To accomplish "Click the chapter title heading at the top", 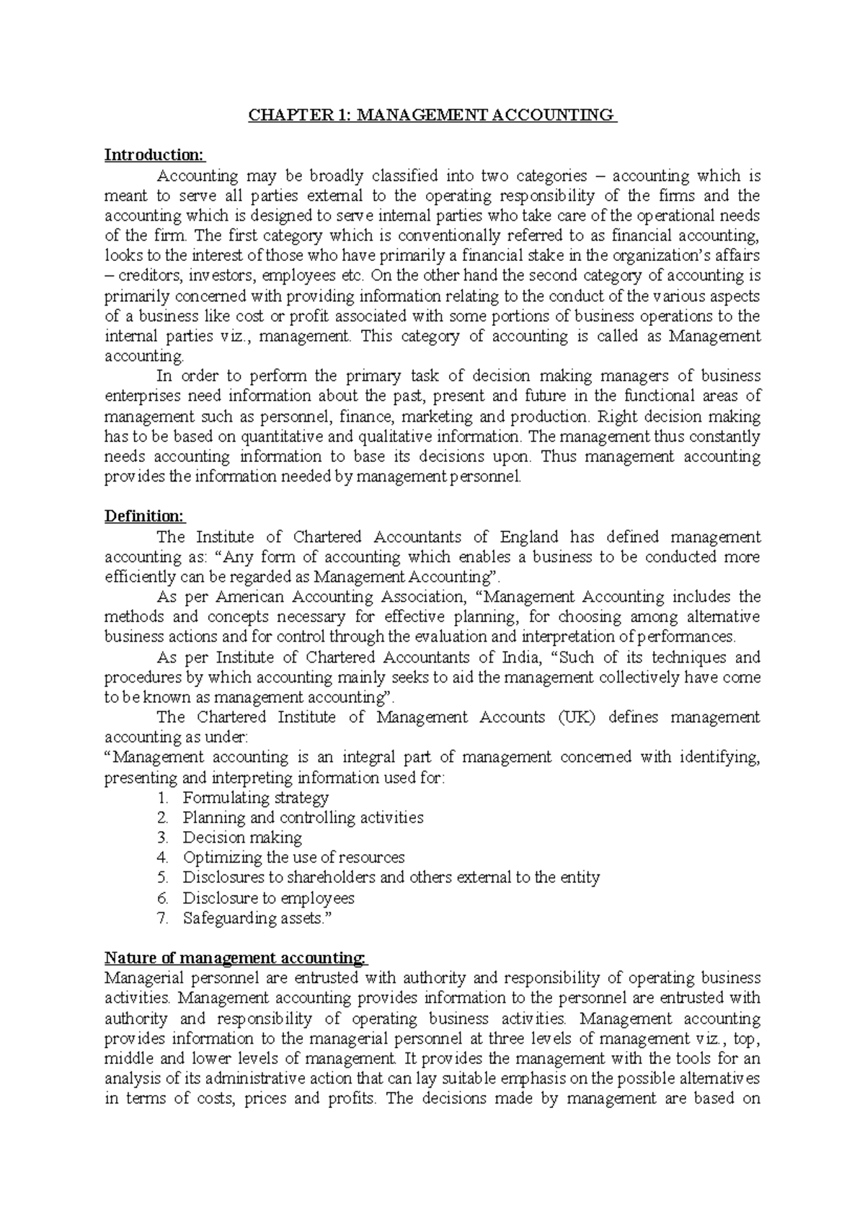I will coord(432,115).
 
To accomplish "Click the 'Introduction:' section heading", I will coord(155,155).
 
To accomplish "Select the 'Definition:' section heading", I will coord(145,516).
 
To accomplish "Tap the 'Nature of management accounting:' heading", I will coord(236,958).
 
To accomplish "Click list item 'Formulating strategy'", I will coord(256,797).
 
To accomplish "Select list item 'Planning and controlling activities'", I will coord(303,817).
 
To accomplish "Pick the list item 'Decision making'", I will coord(242,838).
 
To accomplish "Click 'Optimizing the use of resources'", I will coord(293,858).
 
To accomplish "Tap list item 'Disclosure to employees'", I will coord(268,898).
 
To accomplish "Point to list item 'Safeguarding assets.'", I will coord(259,918).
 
